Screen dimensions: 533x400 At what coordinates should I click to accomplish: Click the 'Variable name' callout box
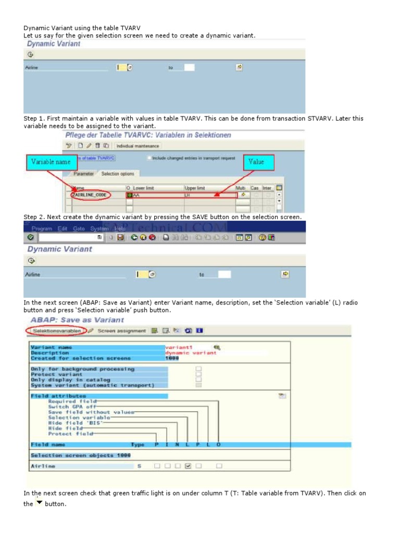51,162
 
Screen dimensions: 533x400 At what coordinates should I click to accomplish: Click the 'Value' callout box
256,162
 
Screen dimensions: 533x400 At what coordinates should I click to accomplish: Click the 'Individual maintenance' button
137,146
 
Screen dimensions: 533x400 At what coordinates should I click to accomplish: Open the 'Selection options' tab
117,174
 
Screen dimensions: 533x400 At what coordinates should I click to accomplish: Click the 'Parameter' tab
83,174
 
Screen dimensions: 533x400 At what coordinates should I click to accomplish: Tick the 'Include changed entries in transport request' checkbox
149,158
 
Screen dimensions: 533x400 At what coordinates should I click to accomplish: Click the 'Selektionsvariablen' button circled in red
56,331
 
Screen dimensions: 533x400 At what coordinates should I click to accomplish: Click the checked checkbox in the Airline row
188,466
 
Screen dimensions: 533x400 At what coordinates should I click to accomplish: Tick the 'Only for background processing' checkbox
198,369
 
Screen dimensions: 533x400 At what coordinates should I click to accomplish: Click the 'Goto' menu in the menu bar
79,228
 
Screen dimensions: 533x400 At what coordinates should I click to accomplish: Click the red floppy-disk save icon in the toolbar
120,237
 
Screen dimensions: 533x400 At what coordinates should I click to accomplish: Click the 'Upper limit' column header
195,187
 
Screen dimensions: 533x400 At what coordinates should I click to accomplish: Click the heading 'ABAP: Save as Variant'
77,320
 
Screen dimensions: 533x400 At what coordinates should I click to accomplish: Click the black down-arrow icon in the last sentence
39,503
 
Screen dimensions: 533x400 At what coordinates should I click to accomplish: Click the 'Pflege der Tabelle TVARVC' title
147,135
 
